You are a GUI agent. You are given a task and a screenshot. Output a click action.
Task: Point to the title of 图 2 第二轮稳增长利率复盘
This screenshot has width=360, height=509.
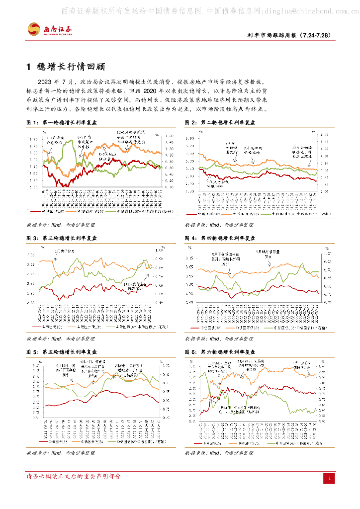pyautogui.click(x=220, y=122)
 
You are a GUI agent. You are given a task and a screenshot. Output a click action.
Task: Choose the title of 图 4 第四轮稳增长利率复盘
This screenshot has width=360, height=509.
pyautogui.click(x=220, y=239)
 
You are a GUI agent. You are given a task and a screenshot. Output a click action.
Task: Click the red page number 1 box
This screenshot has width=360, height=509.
pyautogui.click(x=329, y=478)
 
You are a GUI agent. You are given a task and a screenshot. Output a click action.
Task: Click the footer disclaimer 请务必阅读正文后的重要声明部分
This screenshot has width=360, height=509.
pyautogui.click(x=74, y=477)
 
